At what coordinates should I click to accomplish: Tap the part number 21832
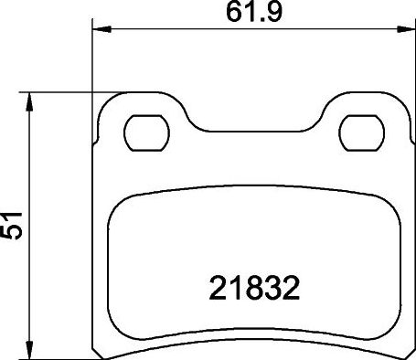tap(251, 289)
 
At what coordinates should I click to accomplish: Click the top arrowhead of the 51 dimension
tap(32, 98)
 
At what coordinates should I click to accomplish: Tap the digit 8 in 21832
tap(251, 289)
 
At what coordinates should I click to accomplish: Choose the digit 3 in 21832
tap(272, 289)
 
